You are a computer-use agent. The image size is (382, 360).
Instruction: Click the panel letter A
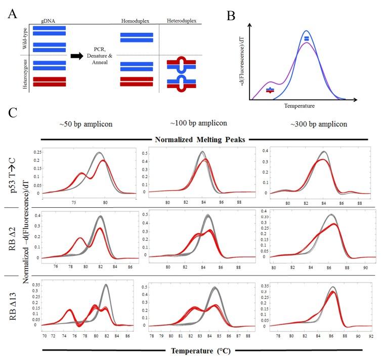click(13, 14)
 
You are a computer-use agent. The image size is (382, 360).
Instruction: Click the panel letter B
click(231, 16)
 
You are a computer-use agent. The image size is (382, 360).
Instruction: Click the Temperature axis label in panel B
click(300, 106)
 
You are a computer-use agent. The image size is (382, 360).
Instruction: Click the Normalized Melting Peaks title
click(201, 138)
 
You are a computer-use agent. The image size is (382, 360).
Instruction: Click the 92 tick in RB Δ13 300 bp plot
click(371, 335)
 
